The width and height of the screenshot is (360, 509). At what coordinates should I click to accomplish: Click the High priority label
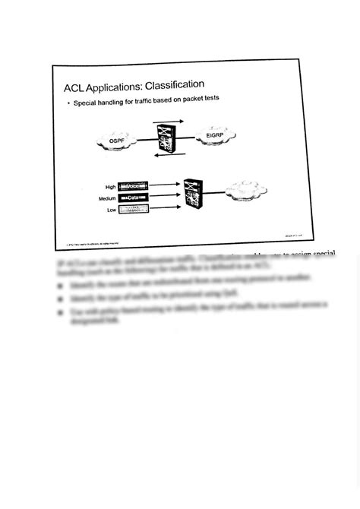pyautogui.click(x=110, y=187)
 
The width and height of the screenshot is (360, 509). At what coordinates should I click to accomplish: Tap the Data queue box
pyautogui.click(x=134, y=198)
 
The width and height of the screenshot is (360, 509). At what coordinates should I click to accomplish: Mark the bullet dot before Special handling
pyautogui.click(x=68, y=102)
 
